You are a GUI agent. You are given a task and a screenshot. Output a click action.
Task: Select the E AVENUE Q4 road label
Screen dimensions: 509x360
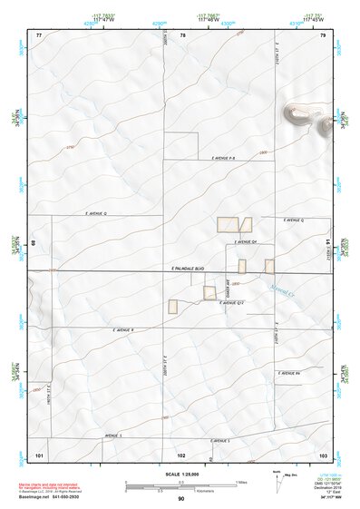pyautogui.click(x=248, y=242)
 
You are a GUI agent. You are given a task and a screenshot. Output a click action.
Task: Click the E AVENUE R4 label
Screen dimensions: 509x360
pyautogui.click(x=289, y=373)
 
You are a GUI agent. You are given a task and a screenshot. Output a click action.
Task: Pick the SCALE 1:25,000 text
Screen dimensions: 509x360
pyautogui.click(x=180, y=474)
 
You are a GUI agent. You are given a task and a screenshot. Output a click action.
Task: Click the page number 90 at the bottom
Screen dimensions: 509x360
pyautogui.click(x=181, y=499)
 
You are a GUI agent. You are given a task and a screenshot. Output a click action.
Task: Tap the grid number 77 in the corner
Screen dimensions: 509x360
pyautogui.click(x=39, y=34)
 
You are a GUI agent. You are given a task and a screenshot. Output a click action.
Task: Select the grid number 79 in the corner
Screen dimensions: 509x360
pyautogui.click(x=322, y=34)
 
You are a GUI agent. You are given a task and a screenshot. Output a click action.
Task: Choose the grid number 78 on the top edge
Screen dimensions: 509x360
pyautogui.click(x=182, y=34)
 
